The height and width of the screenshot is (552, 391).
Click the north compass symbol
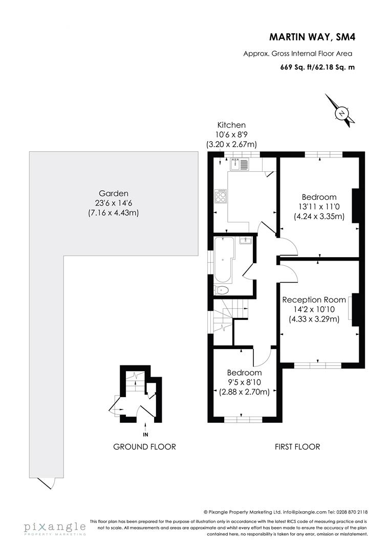point(340,112)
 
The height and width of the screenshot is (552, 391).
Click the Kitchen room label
point(231,125)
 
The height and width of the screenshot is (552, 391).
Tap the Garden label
point(113,193)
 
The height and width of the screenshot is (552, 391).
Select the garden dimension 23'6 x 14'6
point(113,203)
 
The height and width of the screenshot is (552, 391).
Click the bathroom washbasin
point(246,240)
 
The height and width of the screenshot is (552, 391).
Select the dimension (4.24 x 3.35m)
point(319,216)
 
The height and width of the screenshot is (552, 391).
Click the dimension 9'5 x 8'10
point(244,382)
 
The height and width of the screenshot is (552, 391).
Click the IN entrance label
point(146,434)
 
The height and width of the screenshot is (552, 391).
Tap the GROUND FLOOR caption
point(144,447)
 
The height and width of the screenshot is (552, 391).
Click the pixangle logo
point(54,527)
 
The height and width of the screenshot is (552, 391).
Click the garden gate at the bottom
point(48,481)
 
